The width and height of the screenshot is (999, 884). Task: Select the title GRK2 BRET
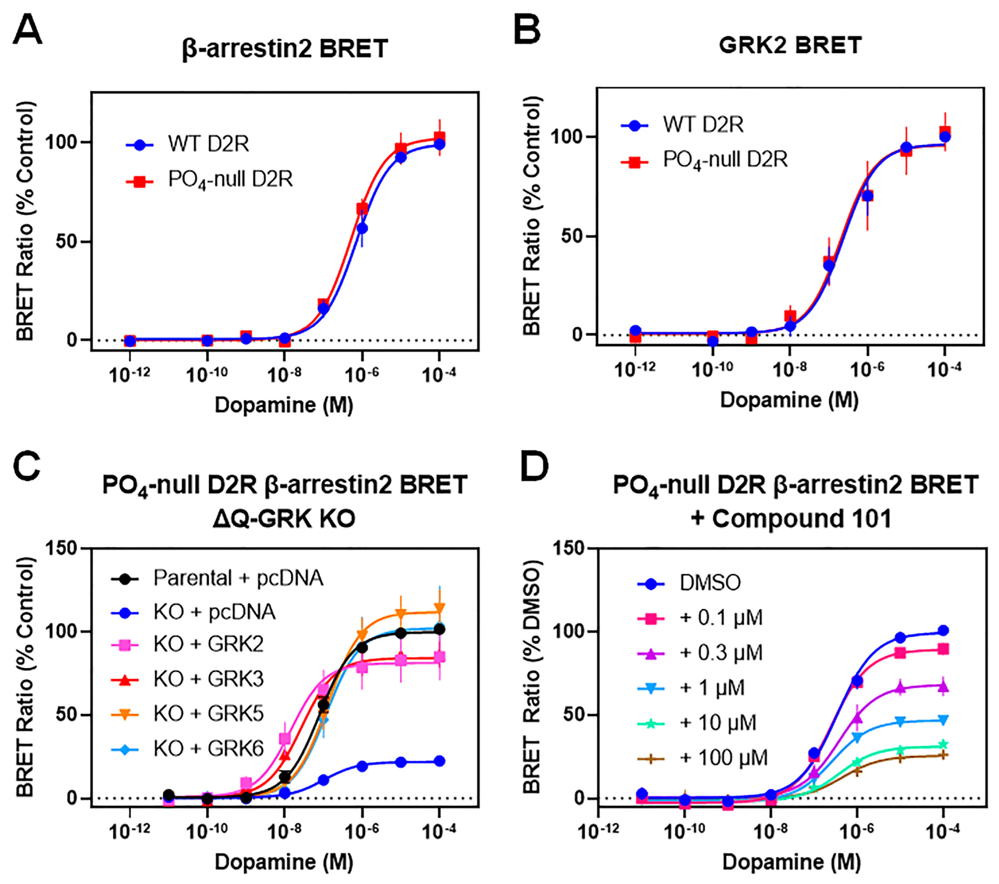(x=790, y=46)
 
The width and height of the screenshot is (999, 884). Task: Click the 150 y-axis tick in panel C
(x=63, y=548)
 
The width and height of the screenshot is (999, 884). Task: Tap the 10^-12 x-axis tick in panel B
(x=634, y=370)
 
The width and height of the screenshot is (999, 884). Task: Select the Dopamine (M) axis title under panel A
(x=284, y=405)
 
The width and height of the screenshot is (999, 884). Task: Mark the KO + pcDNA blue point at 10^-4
(x=439, y=761)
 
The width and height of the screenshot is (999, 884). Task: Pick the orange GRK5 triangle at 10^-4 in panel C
(x=439, y=608)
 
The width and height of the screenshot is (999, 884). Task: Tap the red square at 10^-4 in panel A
(x=439, y=137)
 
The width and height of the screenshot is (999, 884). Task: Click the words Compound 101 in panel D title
(x=802, y=518)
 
